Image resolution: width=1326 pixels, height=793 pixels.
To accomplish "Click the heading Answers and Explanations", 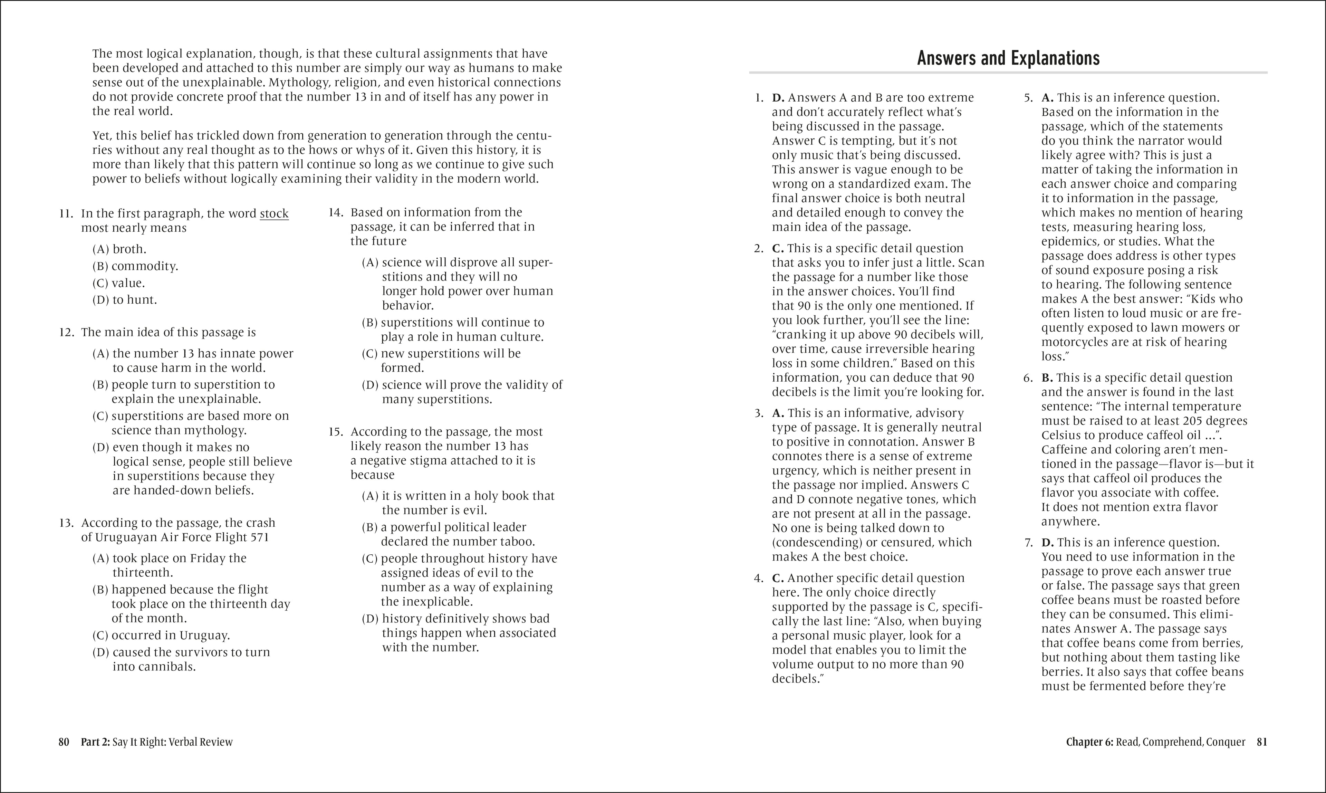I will [1008, 58].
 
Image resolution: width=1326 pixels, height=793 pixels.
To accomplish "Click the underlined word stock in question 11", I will [274, 214].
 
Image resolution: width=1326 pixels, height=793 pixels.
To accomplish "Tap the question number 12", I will [66, 332].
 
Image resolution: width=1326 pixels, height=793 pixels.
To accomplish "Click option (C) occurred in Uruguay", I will [161, 636].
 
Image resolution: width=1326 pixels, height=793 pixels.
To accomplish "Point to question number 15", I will [336, 432].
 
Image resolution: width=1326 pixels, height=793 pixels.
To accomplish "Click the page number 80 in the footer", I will [64, 742].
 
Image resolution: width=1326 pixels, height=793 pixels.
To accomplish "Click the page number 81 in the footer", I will [1261, 742].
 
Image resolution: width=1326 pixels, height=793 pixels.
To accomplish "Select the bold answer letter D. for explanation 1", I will [778, 98].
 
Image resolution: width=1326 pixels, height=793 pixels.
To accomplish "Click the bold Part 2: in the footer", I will [95, 742].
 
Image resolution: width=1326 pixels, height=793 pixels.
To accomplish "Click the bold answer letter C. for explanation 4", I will [778, 578].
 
